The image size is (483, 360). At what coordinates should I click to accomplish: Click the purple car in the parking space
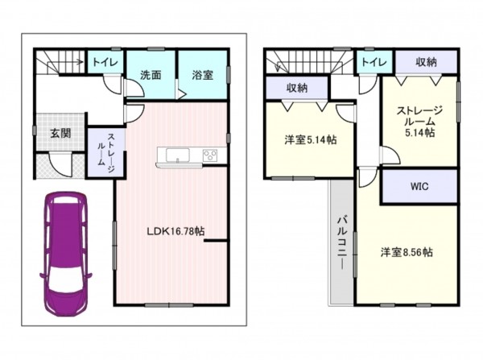point(66,254)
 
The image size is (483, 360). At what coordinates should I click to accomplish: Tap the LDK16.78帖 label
point(175,231)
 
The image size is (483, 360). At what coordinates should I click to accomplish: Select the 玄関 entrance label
point(60,133)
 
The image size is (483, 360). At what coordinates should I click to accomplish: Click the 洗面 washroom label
point(151,75)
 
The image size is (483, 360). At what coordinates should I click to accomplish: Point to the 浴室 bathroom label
point(202,75)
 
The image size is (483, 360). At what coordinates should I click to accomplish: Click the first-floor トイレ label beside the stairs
point(105,62)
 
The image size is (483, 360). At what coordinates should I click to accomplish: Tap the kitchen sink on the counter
point(178,155)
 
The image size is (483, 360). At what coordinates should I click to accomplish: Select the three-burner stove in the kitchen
point(210,155)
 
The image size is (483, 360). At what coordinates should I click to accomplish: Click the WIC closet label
point(419,187)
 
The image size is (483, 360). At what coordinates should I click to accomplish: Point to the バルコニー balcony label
point(341,243)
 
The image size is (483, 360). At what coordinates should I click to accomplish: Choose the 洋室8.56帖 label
point(407,252)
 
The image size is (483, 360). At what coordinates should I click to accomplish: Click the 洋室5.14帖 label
point(311,140)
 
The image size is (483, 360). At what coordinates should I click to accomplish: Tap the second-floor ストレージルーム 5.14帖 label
point(419,121)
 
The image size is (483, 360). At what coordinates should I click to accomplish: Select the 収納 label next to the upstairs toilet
point(427,62)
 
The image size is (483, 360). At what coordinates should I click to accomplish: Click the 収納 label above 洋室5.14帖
point(297,88)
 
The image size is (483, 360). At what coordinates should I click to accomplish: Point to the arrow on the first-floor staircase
point(65,62)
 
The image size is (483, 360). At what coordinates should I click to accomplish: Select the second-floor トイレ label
point(374,62)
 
